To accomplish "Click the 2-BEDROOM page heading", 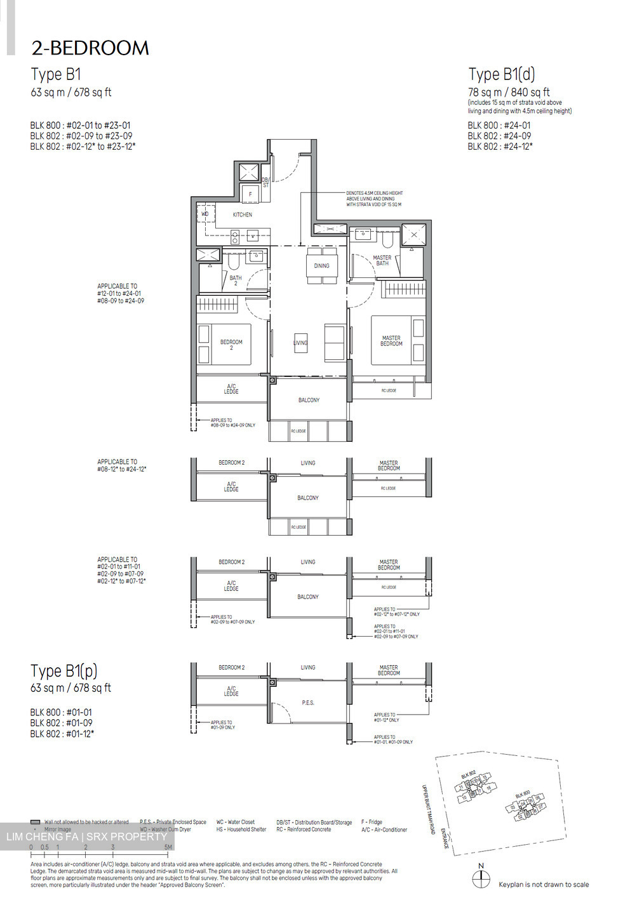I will (x=90, y=48).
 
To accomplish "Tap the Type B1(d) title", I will (x=501, y=74).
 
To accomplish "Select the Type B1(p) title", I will (x=64, y=671).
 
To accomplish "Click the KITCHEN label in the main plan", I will (x=242, y=215).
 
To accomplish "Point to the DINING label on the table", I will (x=321, y=266).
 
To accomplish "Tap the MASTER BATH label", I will (x=382, y=260).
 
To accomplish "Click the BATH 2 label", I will (x=236, y=280).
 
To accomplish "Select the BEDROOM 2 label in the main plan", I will (x=231, y=344).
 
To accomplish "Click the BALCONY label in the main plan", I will (x=309, y=400).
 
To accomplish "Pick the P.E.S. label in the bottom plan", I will (x=308, y=703).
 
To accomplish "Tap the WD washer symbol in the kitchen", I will (x=205, y=215).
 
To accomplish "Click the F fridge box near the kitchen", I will (x=250, y=194).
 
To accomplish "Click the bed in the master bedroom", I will (x=391, y=341).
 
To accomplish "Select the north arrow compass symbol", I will (x=481, y=878).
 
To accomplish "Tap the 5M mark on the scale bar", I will (x=168, y=847).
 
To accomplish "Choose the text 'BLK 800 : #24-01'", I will (x=499, y=126).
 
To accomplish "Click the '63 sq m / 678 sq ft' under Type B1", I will (x=71, y=93).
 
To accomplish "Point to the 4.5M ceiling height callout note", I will (x=374, y=199).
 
